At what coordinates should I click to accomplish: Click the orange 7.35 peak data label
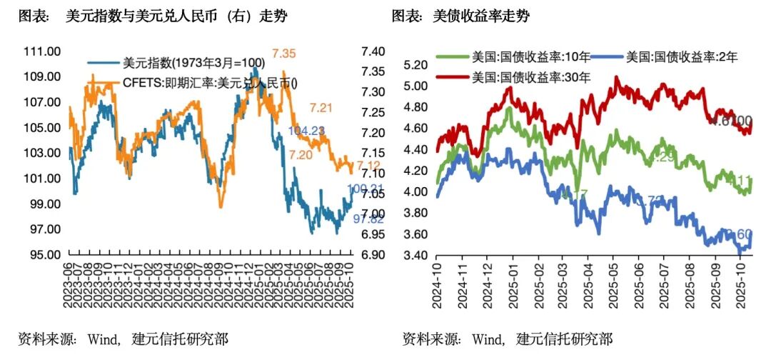pyautogui.click(x=283, y=54)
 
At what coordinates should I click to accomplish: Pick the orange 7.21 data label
pyautogui.click(x=321, y=109)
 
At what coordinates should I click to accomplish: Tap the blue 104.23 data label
pyautogui.click(x=306, y=130)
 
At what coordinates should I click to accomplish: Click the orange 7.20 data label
pyautogui.click(x=301, y=155)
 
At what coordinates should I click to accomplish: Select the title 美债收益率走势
pyautogui.click(x=480, y=16)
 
